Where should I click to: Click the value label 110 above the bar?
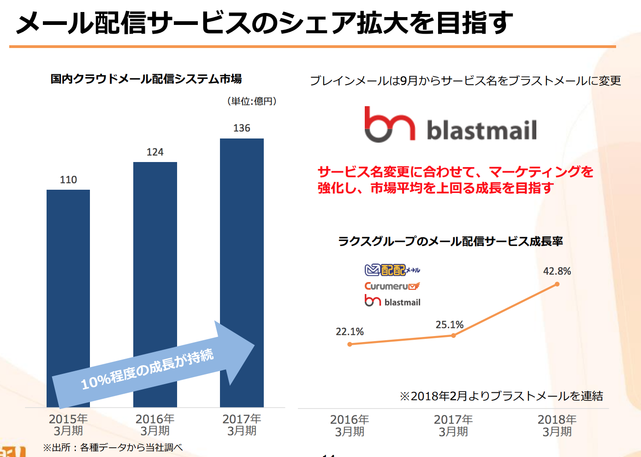pyautogui.click(x=68, y=180)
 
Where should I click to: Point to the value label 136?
pyautogui.click(x=242, y=128)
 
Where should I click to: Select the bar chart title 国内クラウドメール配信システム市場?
pyautogui.click(x=146, y=79)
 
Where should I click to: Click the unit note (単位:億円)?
pyautogui.click(x=252, y=101)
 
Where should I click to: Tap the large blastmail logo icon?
pyautogui.click(x=390, y=124)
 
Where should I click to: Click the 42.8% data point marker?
pyautogui.click(x=557, y=284)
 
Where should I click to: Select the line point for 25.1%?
pyautogui.click(x=453, y=336)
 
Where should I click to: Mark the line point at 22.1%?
pyautogui.click(x=350, y=344)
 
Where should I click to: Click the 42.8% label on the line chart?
pyautogui.click(x=557, y=271)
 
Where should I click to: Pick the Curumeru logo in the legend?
pyautogui.click(x=392, y=286)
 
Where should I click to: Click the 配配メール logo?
pyautogui.click(x=392, y=270)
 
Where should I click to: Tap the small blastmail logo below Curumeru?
pyautogui.click(x=392, y=302)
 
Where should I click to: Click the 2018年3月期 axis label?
pyautogui.click(x=557, y=425)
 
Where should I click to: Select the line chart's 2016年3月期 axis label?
pyautogui.click(x=350, y=425)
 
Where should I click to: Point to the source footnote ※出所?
pyautogui.click(x=113, y=447)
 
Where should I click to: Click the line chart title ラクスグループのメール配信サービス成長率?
pyautogui.click(x=451, y=241)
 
